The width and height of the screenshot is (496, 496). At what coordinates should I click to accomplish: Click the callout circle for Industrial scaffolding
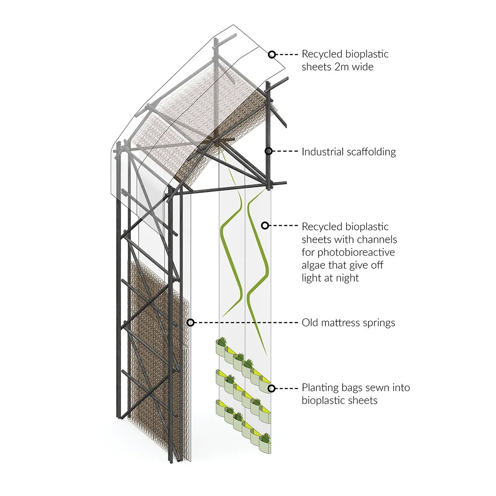tap(268, 151)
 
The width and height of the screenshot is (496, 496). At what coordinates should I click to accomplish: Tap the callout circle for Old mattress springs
tap(191, 322)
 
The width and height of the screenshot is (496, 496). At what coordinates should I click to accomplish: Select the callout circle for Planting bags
tap(271, 388)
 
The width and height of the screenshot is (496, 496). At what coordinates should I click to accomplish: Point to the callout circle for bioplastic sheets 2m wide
tap(272, 54)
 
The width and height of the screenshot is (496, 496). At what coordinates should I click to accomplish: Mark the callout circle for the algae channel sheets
tap(265, 225)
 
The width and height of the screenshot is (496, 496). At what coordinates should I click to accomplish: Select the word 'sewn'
tap(378, 387)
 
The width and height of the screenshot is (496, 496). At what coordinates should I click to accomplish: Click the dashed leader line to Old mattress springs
tap(245, 322)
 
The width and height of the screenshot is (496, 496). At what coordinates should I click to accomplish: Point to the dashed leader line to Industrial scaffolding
tap(286, 151)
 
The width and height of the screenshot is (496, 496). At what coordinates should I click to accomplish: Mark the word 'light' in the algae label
tap(310, 278)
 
